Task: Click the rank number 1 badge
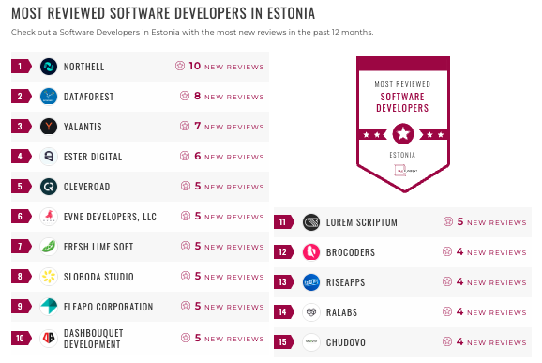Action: click(20, 66)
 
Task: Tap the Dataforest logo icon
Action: click(49, 96)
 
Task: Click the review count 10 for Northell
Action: click(195, 66)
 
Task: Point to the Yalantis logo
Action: click(49, 126)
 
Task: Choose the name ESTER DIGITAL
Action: click(93, 157)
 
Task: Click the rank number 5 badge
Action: click(20, 187)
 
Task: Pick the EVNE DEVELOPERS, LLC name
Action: click(110, 217)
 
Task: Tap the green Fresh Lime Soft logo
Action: click(49, 247)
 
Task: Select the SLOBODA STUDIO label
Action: click(98, 277)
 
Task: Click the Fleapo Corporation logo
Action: click(49, 307)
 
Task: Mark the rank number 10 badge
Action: click(20, 338)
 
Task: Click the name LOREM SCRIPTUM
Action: click(362, 222)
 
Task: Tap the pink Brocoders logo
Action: click(311, 251)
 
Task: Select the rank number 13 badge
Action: click(282, 281)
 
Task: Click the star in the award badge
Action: click(402, 132)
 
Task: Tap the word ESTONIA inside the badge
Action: click(402, 155)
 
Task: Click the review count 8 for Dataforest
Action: click(198, 96)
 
